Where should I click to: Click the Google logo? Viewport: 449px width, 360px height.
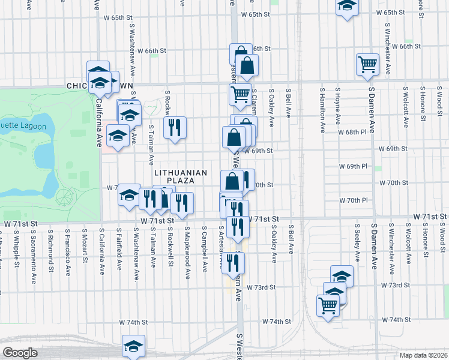click(x=20, y=353)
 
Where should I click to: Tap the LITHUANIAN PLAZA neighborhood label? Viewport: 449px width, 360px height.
click(x=181, y=176)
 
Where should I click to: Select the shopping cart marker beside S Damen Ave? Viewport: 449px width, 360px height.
click(x=367, y=65)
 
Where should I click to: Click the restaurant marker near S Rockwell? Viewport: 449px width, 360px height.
click(x=175, y=127)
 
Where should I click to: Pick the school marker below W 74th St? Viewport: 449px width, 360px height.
click(x=134, y=346)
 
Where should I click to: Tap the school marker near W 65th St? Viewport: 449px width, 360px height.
click(x=346, y=7)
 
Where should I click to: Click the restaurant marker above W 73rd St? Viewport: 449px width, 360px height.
click(x=234, y=262)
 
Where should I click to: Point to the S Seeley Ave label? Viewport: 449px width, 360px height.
click(x=357, y=244)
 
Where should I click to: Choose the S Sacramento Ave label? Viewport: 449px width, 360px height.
click(x=34, y=248)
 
